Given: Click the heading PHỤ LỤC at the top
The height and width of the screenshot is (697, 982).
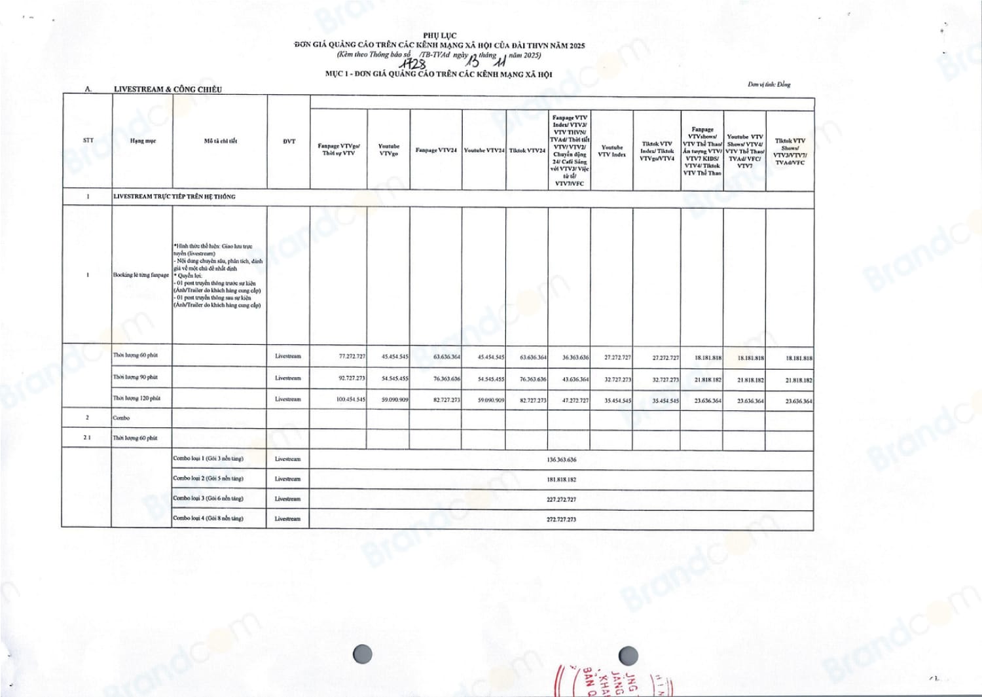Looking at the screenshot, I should [439, 35].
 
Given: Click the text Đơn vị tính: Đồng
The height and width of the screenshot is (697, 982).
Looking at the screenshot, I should [769, 84].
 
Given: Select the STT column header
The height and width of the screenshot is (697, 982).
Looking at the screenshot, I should [88, 141].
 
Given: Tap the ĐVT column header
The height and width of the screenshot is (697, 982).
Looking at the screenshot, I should [289, 141].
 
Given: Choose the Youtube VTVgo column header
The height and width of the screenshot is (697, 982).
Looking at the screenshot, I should [389, 150].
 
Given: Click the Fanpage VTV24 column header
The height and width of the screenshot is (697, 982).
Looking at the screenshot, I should [436, 151].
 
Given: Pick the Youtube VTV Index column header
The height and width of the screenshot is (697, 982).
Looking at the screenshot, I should [611, 151].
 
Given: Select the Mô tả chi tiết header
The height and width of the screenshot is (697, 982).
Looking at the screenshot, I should [220, 141].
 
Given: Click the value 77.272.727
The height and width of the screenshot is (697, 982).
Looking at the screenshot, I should [352, 357].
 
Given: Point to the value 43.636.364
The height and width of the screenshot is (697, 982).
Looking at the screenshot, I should [575, 380].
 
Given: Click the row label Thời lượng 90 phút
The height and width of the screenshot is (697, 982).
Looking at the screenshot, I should [136, 377].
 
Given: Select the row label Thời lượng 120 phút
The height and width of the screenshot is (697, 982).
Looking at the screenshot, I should [137, 398].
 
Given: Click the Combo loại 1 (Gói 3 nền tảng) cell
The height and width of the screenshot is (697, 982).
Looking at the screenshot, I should [208, 459].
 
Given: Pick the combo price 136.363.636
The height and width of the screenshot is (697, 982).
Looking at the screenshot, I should [561, 460].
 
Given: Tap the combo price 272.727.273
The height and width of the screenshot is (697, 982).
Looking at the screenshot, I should [561, 520].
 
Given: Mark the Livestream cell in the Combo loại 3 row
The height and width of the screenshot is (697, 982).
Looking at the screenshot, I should [287, 499].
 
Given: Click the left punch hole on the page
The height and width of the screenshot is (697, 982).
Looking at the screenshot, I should [362, 654].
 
